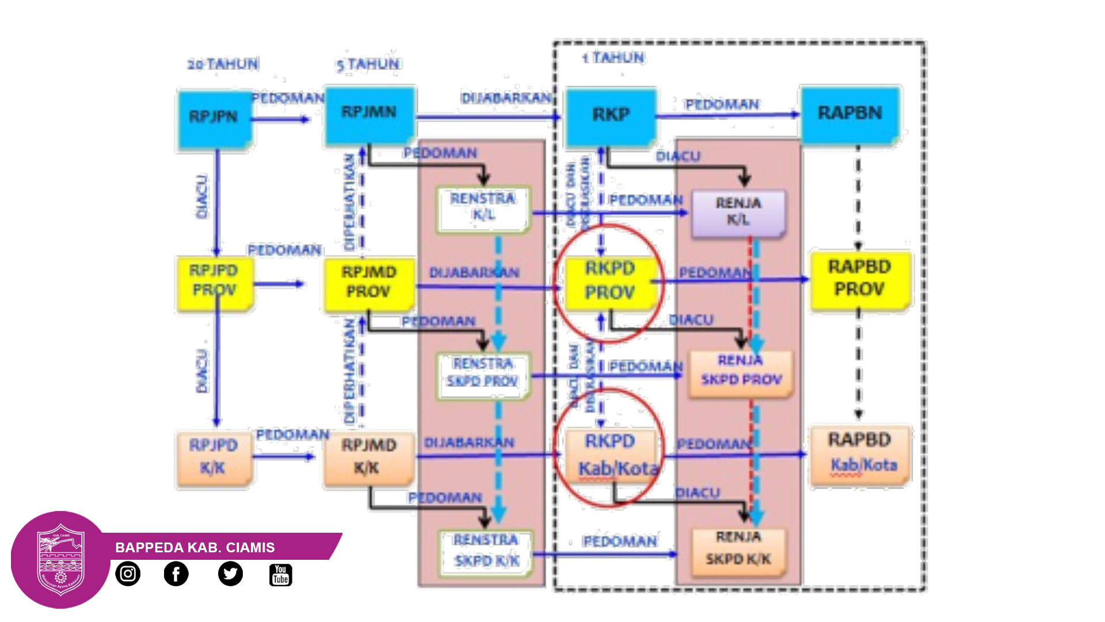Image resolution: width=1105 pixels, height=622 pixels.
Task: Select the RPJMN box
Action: (x=369, y=114)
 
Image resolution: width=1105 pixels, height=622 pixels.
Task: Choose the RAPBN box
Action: (x=850, y=114)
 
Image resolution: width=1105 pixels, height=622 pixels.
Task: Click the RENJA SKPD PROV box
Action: (x=741, y=372)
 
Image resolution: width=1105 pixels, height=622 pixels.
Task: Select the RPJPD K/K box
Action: (x=214, y=458)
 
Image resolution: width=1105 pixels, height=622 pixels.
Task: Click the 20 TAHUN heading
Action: (x=223, y=64)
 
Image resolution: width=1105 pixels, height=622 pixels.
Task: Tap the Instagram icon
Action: (x=128, y=574)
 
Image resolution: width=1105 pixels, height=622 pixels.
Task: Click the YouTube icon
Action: (x=281, y=575)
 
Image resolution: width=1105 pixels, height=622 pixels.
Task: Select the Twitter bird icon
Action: (x=230, y=574)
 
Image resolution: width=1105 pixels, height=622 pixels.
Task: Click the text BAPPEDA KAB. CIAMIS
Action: (x=195, y=547)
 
